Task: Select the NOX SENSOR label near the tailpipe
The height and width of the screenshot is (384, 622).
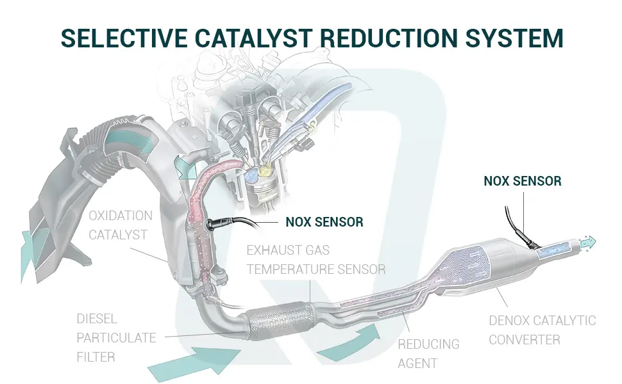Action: [522, 181]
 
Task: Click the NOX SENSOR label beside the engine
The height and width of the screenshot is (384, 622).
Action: [324, 222]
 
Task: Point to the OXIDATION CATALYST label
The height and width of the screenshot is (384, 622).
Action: [121, 225]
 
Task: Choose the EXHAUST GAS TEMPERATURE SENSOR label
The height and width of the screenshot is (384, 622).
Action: [316, 259]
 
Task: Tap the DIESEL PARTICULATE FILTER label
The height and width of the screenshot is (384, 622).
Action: [116, 337]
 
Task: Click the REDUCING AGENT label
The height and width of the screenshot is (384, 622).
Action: [428, 353]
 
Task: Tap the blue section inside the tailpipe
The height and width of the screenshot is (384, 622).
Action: [557, 248]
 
